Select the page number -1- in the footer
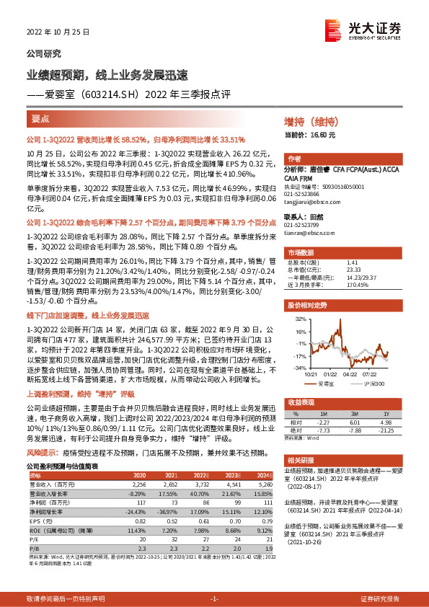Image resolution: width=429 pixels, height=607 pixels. (214, 600)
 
